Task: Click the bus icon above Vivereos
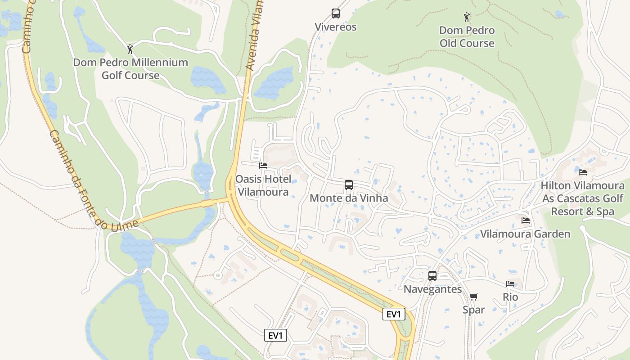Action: click(x=336, y=13)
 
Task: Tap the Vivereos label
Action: click(x=336, y=27)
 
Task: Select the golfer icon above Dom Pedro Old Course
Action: click(x=467, y=18)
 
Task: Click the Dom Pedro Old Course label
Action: click(x=467, y=37)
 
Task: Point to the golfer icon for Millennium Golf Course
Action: click(x=130, y=49)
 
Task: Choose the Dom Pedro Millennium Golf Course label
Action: click(x=130, y=69)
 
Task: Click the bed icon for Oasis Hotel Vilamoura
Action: click(x=263, y=166)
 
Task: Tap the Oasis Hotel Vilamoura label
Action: click(x=263, y=185)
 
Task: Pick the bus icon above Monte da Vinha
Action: click(x=348, y=185)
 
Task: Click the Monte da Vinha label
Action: click(x=348, y=198)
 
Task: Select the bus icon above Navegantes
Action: click(x=432, y=276)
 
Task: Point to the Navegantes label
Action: click(x=432, y=289)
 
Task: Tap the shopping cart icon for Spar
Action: click(x=473, y=297)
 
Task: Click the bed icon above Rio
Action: click(x=510, y=284)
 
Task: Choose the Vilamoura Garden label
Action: click(x=525, y=234)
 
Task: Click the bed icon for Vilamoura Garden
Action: click(x=525, y=220)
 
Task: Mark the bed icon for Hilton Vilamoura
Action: click(x=583, y=172)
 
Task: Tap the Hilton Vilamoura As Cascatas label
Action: click(x=583, y=198)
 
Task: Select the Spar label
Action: click(x=474, y=310)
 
